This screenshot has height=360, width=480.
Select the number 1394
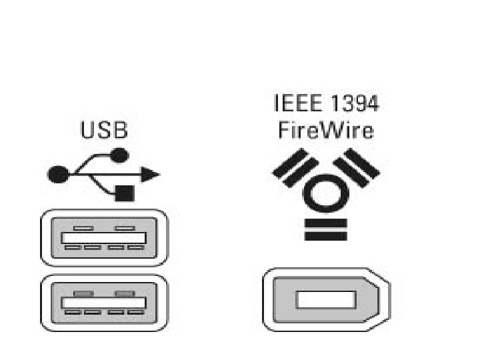click(355, 103)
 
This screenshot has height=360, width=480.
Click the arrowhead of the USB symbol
click(151, 175)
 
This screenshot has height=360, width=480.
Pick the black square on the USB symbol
click(125, 193)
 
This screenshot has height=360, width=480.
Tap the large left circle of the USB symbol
click(57, 175)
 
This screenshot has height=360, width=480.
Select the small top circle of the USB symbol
click(119, 156)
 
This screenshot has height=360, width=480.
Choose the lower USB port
click(104, 303)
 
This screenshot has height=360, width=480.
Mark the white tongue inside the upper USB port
click(104, 237)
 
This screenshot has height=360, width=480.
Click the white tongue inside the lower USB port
click(104, 303)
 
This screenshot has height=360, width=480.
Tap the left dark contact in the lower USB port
click(83, 293)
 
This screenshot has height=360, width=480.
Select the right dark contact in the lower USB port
click(124, 293)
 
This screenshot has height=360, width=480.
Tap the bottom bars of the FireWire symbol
click(325, 228)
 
